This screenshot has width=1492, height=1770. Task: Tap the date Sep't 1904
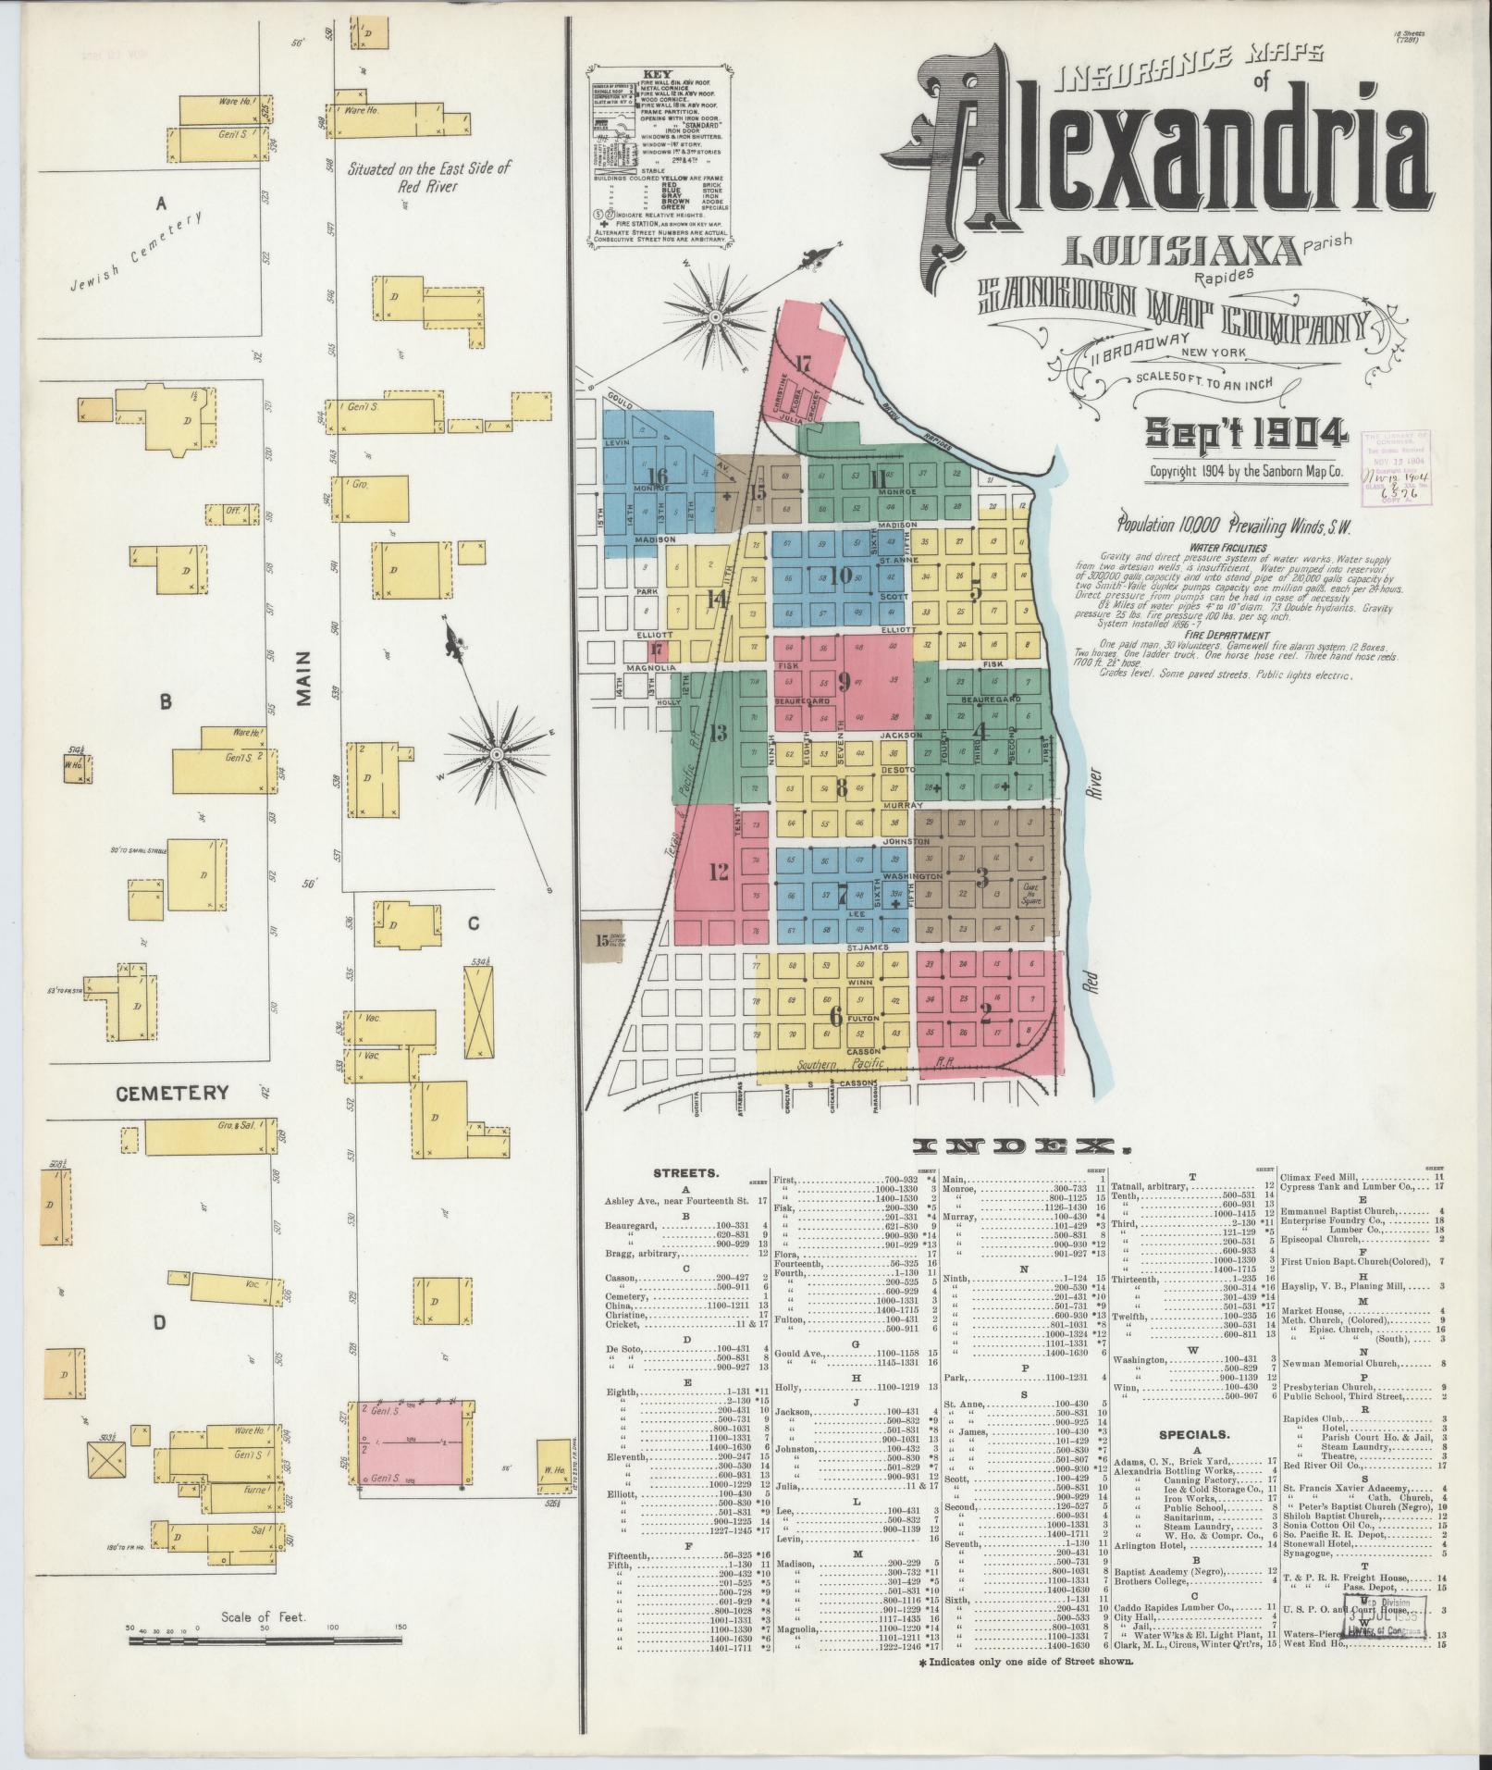(1245, 433)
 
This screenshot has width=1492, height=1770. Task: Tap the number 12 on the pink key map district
(717, 871)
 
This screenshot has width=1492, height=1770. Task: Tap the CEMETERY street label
(172, 1093)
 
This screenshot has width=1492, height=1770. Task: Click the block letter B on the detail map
(166, 702)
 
